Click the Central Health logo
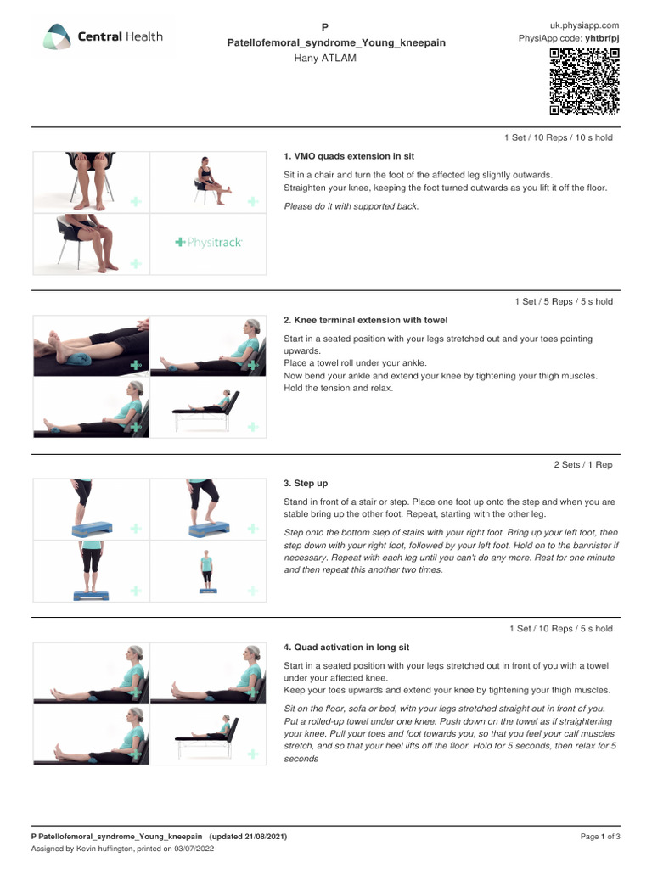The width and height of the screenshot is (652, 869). (104, 37)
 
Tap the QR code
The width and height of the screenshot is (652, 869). (584, 81)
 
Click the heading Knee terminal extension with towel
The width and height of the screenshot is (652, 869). (365, 320)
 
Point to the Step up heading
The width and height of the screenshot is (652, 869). (306, 483)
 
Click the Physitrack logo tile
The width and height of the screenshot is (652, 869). (208, 243)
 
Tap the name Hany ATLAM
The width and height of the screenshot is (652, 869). (325, 58)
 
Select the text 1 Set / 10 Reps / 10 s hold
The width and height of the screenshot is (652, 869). (558, 137)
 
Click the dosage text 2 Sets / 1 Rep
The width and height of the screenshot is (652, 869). (582, 464)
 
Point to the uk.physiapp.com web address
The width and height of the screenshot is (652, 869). (585, 25)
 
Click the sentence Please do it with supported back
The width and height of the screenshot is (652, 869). (351, 206)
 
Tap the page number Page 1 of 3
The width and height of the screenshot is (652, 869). (600, 837)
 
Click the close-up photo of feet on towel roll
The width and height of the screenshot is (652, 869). (91, 346)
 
